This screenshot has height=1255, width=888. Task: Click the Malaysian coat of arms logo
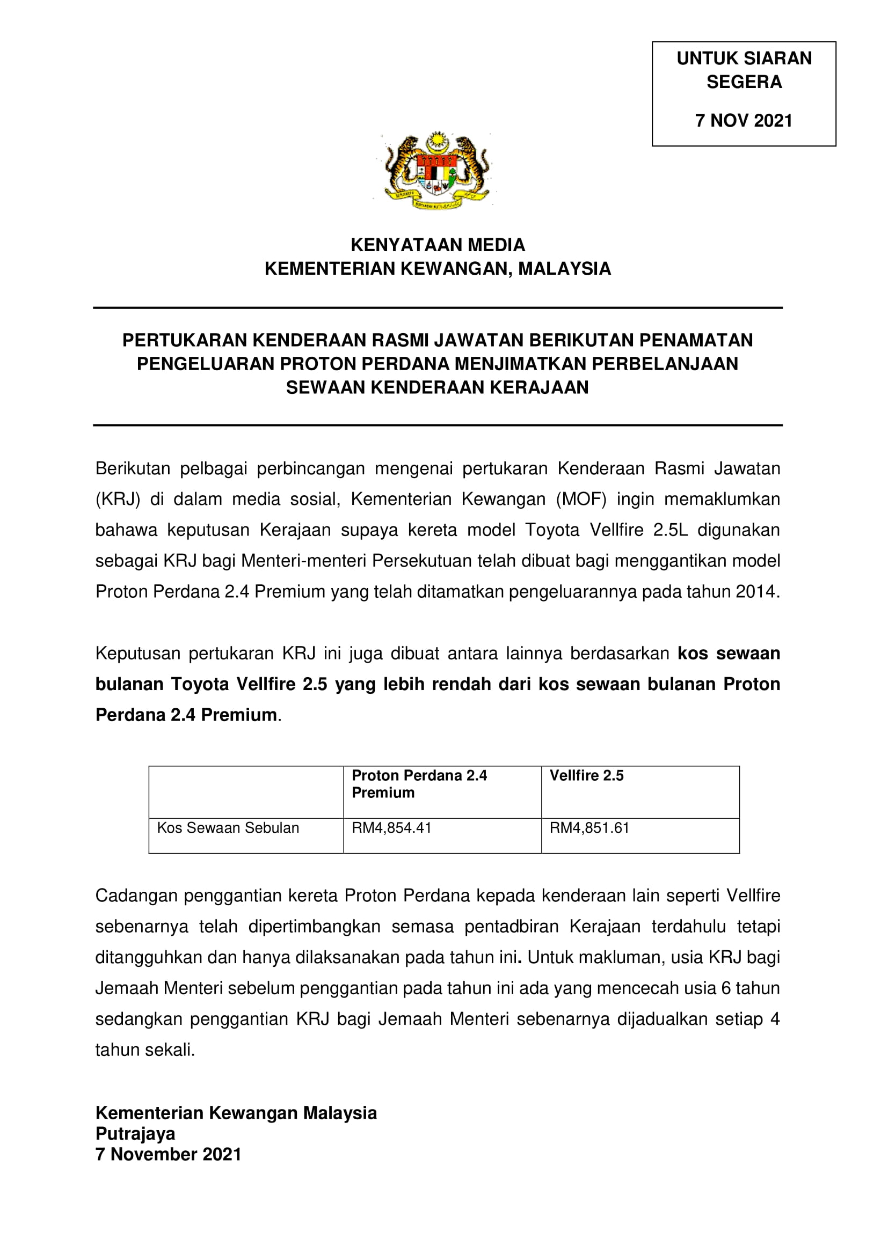coord(437,170)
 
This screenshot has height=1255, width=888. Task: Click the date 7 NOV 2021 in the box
coord(744,121)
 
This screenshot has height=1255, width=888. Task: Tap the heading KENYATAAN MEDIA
coord(438,245)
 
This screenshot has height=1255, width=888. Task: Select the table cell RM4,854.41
coord(391,828)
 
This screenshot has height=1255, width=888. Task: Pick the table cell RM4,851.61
coord(589,828)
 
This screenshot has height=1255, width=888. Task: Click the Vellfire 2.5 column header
coord(586,776)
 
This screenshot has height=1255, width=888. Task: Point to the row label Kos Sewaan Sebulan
coord(228,828)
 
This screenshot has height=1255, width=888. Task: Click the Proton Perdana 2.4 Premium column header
coord(419,784)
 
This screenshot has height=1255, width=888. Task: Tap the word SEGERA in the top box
coord(744,82)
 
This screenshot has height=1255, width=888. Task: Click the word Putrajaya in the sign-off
coord(135,1134)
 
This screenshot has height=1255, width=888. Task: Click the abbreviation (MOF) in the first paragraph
coord(581,500)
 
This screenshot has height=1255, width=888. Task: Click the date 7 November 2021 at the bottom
coord(169,1155)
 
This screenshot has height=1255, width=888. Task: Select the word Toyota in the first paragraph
coord(552,530)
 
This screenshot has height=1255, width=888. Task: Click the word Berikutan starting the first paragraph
coord(133,469)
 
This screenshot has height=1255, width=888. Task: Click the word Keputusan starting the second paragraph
coord(138,654)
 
